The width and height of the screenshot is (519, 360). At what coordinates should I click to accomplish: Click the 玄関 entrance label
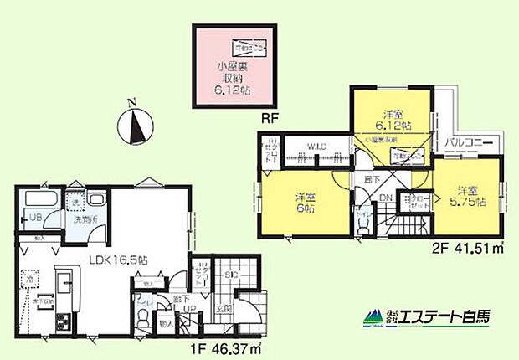point(224,307)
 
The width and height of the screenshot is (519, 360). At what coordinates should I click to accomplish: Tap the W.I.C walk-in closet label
point(316,147)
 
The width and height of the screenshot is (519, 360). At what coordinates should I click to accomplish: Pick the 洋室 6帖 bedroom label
point(305,203)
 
